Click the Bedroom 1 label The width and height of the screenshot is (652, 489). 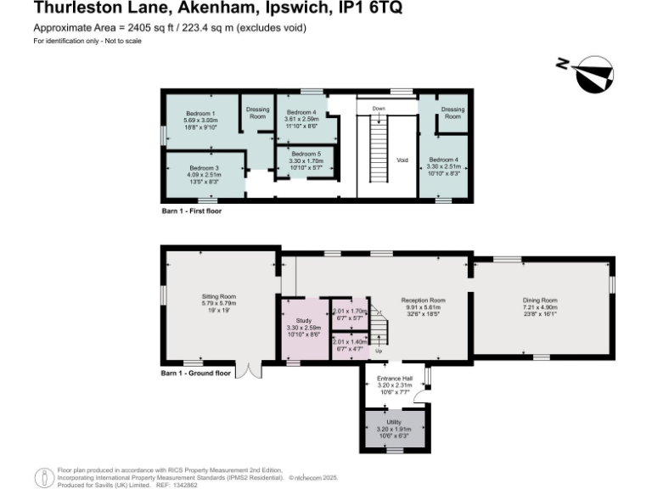(202, 114)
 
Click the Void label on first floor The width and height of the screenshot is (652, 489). (403, 160)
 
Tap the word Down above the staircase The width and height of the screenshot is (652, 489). (378, 109)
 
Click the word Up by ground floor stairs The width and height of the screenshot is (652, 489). (379, 351)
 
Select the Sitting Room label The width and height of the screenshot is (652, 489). (219, 296)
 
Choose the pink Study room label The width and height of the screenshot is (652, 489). (303, 321)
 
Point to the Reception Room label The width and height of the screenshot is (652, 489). (424, 301)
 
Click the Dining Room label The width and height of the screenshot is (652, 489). (540, 301)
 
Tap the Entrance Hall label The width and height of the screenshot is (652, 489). (394, 378)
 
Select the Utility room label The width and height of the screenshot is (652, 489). (394, 422)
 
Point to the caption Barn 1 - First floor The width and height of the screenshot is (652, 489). (192, 211)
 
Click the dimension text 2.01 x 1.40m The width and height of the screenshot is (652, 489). (349, 341)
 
